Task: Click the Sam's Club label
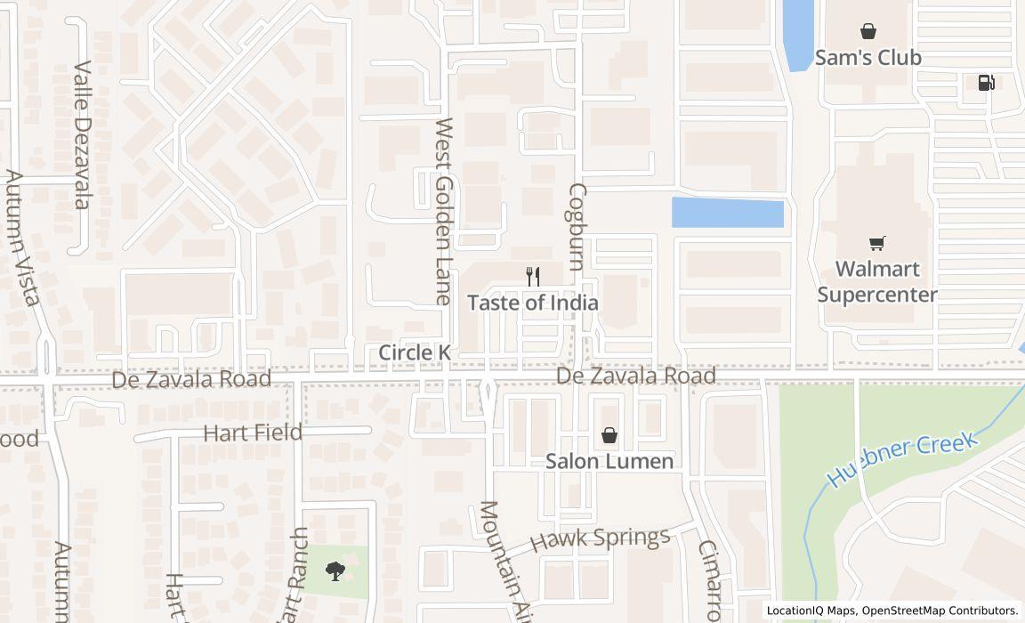click(868, 58)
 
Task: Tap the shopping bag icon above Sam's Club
click(868, 32)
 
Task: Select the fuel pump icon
click(986, 83)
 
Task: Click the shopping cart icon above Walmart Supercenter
click(877, 243)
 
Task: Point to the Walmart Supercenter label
click(877, 281)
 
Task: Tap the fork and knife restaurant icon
click(532, 277)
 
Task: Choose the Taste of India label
click(532, 303)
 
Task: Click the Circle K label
click(415, 352)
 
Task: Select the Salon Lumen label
click(609, 461)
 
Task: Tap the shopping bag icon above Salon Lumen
click(609, 435)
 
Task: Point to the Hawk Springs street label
click(600, 539)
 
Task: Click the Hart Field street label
click(253, 433)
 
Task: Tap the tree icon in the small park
click(335, 570)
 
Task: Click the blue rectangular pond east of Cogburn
click(727, 213)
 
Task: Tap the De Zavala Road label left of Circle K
click(191, 379)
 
